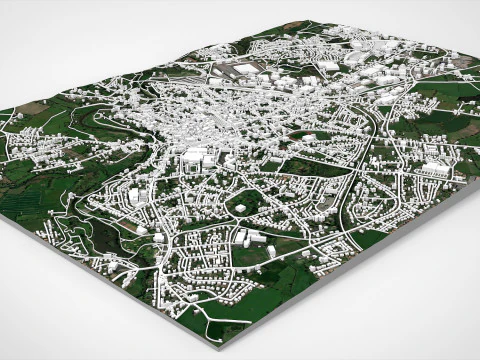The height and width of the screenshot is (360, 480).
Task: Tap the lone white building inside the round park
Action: [241, 208]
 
